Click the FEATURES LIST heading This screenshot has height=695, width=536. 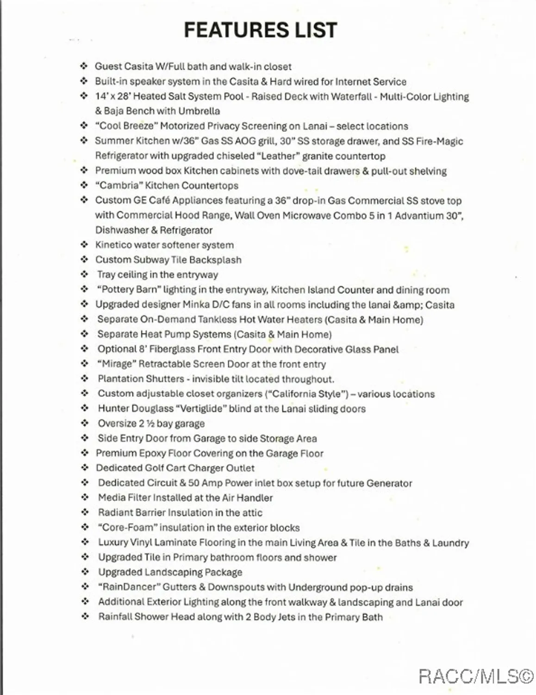pyautogui.click(x=260, y=30)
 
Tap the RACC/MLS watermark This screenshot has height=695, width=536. pyautogui.click(x=476, y=677)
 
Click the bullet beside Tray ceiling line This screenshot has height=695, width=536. pyautogui.click(x=84, y=275)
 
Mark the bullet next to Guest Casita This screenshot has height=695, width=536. pyautogui.click(x=84, y=66)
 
